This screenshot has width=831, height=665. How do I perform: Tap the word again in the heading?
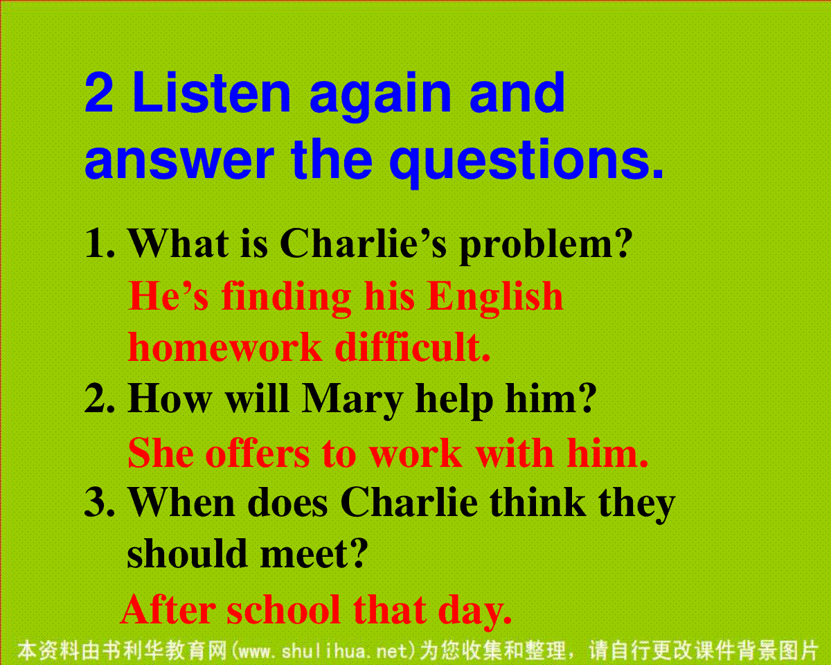click(380, 96)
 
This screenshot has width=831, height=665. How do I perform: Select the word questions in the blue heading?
click(526, 162)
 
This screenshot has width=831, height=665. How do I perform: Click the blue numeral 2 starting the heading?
click(99, 93)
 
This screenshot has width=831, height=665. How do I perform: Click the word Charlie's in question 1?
click(363, 243)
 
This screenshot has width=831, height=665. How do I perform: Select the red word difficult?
click(412, 346)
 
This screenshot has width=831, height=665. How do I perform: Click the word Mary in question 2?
click(352, 400)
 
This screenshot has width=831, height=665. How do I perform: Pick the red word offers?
click(259, 453)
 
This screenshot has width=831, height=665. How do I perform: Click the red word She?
click(161, 453)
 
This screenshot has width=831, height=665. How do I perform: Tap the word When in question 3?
click(181, 502)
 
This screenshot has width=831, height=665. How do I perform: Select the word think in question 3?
click(537, 502)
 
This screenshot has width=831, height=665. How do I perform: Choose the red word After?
click(168, 610)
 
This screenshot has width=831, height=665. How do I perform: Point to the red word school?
click(284, 610)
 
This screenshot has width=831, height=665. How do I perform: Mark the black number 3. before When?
click(100, 502)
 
